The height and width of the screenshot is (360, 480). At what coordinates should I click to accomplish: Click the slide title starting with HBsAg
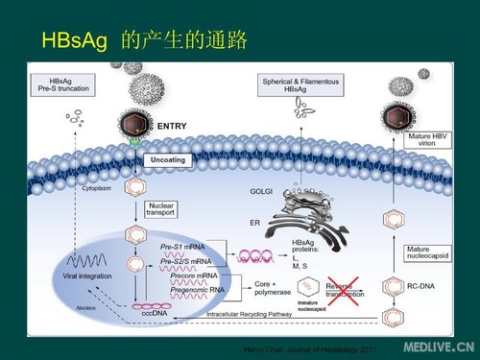(145, 40)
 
